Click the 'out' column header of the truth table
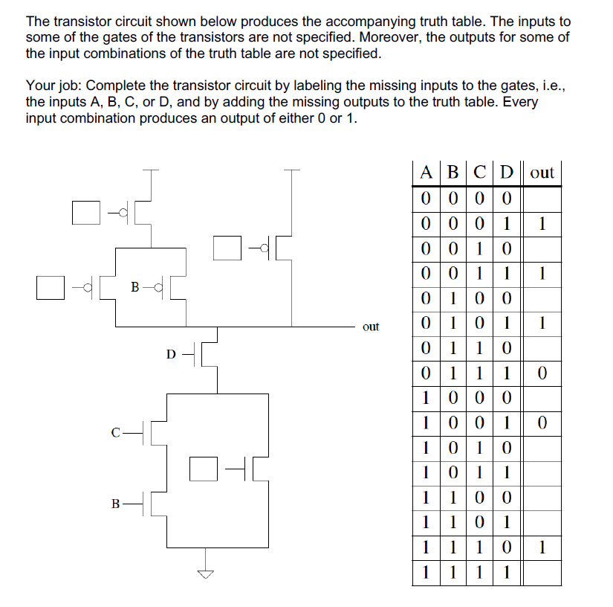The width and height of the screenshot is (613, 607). [542, 173]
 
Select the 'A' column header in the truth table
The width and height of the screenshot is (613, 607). [426, 173]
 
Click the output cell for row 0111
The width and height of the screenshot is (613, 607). [542, 373]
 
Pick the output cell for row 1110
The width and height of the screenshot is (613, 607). [542, 548]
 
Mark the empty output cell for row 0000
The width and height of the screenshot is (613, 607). [542, 198]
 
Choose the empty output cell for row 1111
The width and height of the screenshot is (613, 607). [542, 574]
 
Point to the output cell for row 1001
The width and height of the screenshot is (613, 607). [542, 423]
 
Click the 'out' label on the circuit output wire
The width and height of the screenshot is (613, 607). [370, 327]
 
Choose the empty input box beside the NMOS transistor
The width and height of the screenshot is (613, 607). [202, 468]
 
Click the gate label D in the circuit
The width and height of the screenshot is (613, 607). [171, 354]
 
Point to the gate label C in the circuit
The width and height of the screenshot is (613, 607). [116, 431]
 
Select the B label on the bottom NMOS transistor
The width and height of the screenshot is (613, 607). [116, 504]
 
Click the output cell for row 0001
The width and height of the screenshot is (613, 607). [542, 223]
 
